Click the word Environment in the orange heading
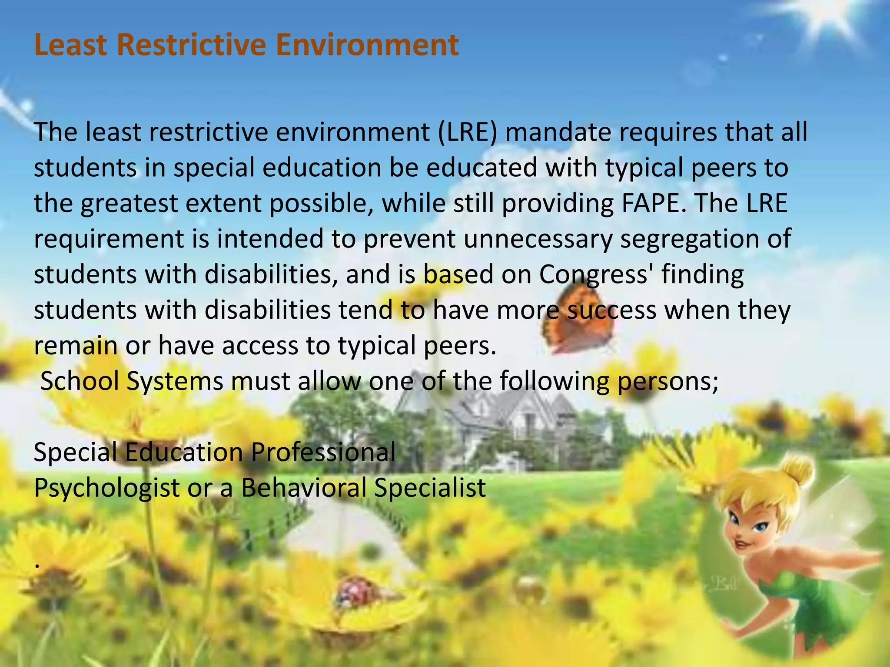point(367,45)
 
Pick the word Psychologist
point(107,488)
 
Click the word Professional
point(323,452)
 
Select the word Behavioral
point(304,488)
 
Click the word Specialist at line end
point(430,488)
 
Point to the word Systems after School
point(175,381)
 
